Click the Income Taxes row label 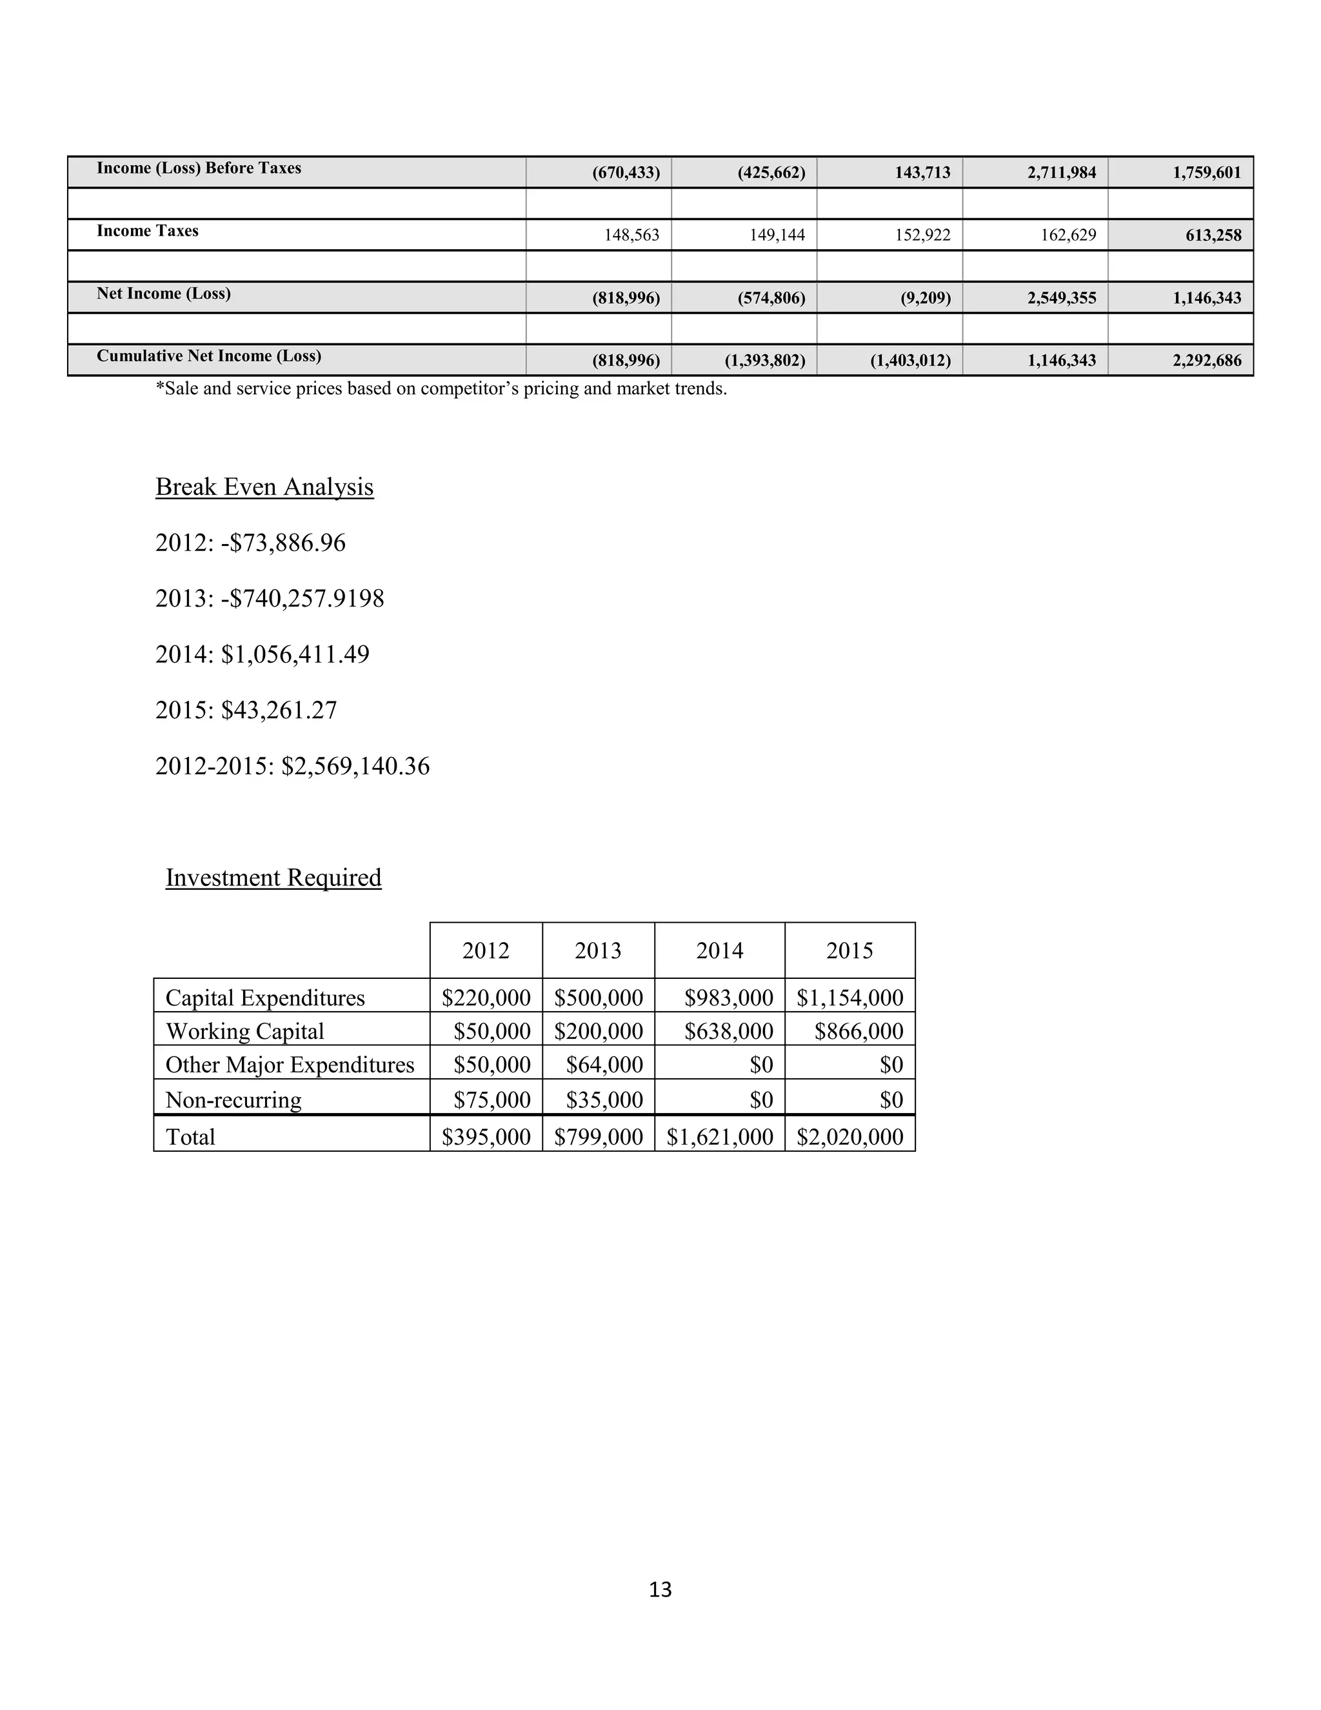[x=147, y=231]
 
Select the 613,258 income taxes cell [x=1213, y=235]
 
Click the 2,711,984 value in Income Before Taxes [x=1061, y=172]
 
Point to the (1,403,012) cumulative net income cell [x=910, y=360]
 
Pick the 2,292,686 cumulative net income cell [x=1207, y=360]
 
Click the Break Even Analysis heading [x=264, y=487]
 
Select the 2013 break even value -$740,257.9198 [x=303, y=599]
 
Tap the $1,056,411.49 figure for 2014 [x=295, y=654]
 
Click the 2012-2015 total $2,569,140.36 [x=355, y=766]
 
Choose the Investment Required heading [x=273, y=878]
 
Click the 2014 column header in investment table [x=719, y=951]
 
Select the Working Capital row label [x=245, y=1031]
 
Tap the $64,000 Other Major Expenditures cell [x=604, y=1065]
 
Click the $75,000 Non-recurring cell [x=492, y=1100]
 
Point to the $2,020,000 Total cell [x=850, y=1137]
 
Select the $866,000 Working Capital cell [x=859, y=1031]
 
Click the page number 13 [x=660, y=1589]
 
